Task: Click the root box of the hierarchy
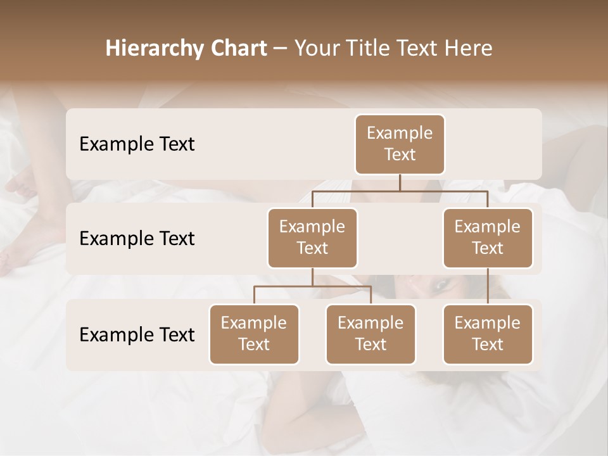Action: click(400, 144)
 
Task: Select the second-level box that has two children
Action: click(312, 238)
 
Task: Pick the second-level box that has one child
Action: click(488, 238)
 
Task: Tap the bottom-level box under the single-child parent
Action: click(488, 334)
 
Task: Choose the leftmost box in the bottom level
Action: click(254, 334)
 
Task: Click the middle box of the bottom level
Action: click(370, 334)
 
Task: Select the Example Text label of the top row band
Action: click(137, 144)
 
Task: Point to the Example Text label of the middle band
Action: click(137, 239)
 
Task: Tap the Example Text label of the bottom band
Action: click(137, 334)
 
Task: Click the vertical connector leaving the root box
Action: click(400, 182)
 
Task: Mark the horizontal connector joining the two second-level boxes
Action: click(400, 191)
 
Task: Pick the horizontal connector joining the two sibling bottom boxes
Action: click(312, 286)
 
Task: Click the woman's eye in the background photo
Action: click(439, 286)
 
